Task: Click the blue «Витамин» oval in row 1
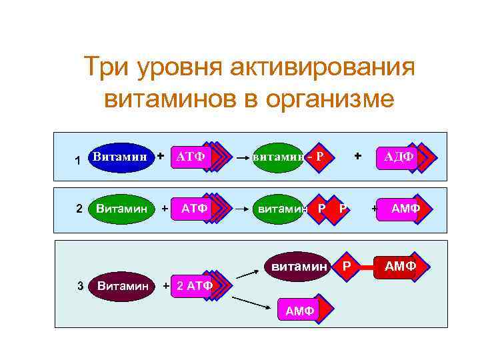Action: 120,157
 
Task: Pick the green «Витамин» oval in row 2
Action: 121,209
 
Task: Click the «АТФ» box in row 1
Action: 191,157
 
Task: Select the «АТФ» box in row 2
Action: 195,209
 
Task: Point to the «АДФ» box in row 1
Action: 398,157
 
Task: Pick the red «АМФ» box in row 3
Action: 400,267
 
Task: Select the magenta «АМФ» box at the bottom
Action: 299,310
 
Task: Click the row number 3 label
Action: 80,287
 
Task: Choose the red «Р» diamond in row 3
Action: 346,267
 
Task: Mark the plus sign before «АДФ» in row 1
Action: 359,155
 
